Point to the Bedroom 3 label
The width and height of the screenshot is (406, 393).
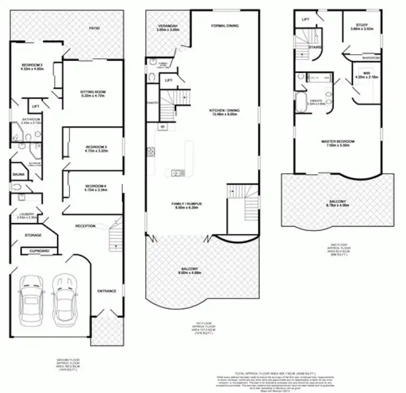tap(95, 147)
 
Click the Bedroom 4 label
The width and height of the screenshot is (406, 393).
tap(95, 186)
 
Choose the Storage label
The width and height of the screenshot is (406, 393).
tap(33, 235)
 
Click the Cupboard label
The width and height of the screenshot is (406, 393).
tap(40, 251)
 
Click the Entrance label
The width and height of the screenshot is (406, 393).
tap(107, 291)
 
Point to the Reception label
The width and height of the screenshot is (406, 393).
tap(85, 226)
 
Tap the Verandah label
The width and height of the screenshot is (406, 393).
tap(168, 26)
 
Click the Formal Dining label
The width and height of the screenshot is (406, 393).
tap(225, 26)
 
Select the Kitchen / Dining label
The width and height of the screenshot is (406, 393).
tap(225, 111)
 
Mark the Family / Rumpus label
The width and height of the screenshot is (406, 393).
tap(187, 203)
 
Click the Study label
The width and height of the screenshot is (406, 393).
tap(362, 26)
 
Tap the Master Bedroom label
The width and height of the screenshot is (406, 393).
tap(340, 142)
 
